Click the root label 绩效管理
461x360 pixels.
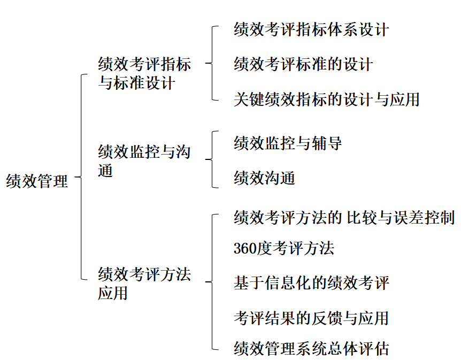[37, 181]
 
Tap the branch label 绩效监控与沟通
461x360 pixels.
[144, 160]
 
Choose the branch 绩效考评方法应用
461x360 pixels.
[144, 284]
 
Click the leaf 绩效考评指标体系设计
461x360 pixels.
[311, 29]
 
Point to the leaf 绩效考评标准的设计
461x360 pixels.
[303, 64]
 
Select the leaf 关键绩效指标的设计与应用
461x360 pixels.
[327, 99]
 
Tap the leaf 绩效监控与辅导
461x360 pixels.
[288, 143]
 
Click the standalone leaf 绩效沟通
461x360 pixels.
[264, 178]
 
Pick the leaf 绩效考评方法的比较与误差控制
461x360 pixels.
[344, 218]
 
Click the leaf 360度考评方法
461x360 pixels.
[284, 248]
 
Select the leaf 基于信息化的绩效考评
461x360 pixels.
[311, 282]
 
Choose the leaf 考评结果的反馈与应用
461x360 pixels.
[311, 318]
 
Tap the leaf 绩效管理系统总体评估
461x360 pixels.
[311, 349]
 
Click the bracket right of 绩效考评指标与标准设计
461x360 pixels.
[212, 63]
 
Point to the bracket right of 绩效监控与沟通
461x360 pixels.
[212, 159]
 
